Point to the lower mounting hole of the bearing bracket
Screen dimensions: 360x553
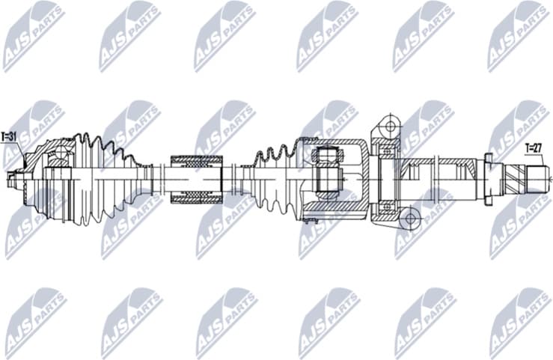(409, 219)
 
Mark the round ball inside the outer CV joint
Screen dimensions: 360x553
(59, 157)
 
